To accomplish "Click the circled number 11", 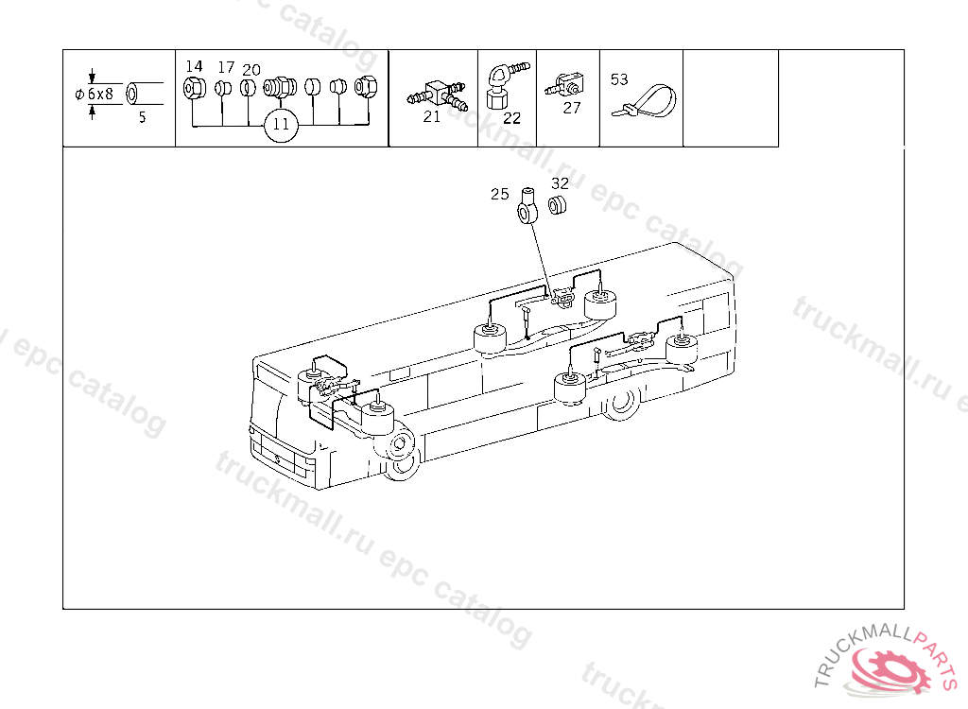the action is (281, 125).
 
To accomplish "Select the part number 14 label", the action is (194, 66).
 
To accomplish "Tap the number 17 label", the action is (227, 67).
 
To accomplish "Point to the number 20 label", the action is (251, 70).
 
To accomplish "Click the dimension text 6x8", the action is (100, 95).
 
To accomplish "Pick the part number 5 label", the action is (143, 117).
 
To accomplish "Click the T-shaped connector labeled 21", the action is (437, 94).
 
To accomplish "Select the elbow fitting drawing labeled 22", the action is (503, 85).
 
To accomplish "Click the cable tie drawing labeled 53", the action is (646, 100).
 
